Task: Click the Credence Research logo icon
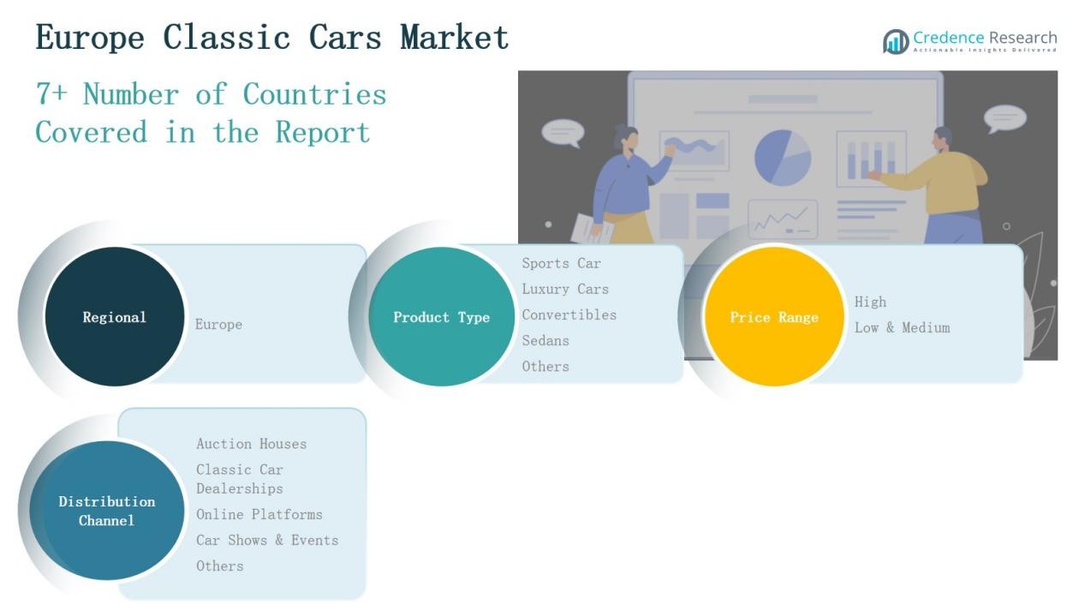pyautogui.click(x=896, y=41)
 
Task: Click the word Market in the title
pyautogui.click(x=454, y=38)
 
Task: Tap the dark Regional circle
pyautogui.click(x=114, y=317)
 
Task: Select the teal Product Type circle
pyautogui.click(x=441, y=317)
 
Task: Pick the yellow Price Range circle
pyautogui.click(x=773, y=317)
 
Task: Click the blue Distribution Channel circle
pyautogui.click(x=107, y=511)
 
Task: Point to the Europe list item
pyautogui.click(x=218, y=325)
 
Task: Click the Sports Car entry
pyautogui.click(x=562, y=264)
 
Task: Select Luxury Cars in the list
pyautogui.click(x=565, y=290)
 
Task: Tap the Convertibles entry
pyautogui.click(x=569, y=315)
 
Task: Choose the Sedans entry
pyautogui.click(x=545, y=341)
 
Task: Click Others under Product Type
pyautogui.click(x=545, y=367)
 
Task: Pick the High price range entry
pyautogui.click(x=870, y=303)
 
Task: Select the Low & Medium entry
pyautogui.click(x=902, y=328)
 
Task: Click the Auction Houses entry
pyautogui.click(x=251, y=444)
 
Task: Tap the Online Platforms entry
pyautogui.click(x=259, y=515)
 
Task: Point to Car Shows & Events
pyautogui.click(x=267, y=541)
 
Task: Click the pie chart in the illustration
pyautogui.click(x=782, y=157)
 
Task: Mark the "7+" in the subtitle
pyautogui.click(x=51, y=94)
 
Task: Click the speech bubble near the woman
pyautogui.click(x=563, y=133)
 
